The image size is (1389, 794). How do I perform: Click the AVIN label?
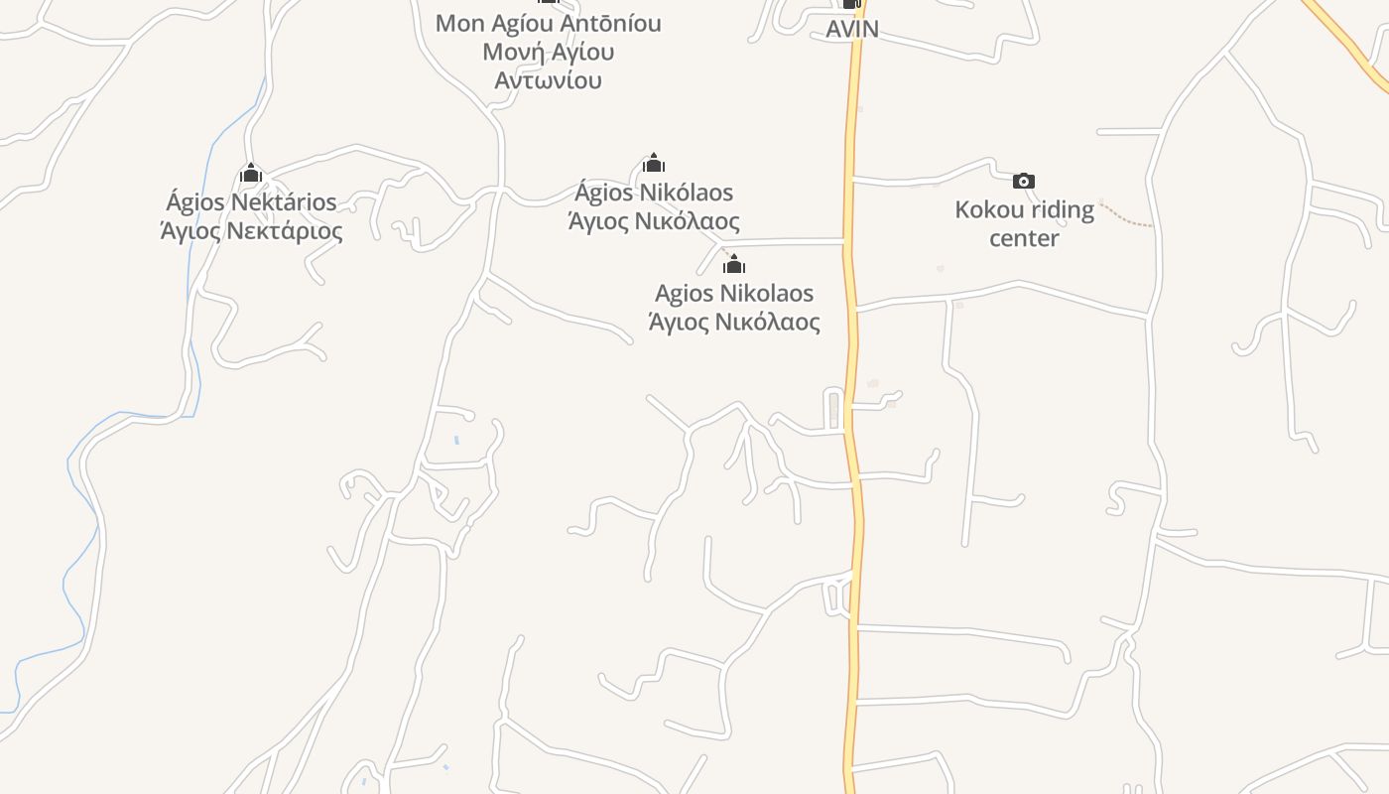point(852,29)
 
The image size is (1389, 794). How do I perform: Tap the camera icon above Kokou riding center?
point(1024,181)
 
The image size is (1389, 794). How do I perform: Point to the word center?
point(1024,238)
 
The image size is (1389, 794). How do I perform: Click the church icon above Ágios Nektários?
point(251,174)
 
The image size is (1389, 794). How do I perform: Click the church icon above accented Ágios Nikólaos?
point(654,163)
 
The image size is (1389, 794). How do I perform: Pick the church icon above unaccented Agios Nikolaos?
point(734,264)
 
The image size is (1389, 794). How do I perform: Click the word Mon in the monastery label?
point(459,23)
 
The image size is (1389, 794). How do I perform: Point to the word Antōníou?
point(605,23)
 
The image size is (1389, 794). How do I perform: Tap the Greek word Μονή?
point(511,52)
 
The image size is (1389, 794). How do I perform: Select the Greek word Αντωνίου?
point(549,80)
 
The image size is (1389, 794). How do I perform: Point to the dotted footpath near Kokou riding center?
point(1127,217)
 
